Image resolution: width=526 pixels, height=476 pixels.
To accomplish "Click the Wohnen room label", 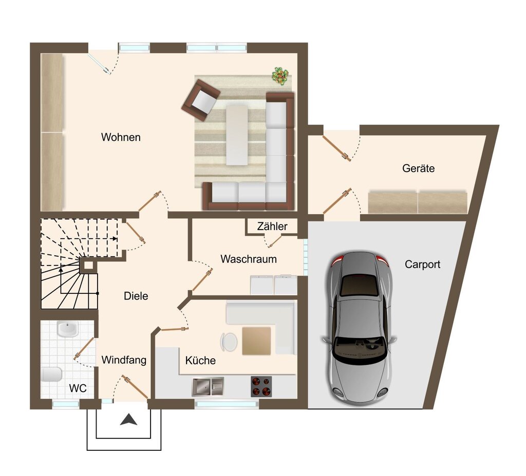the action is click(x=121, y=137).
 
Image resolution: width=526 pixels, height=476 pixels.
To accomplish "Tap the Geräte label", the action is click(x=418, y=168).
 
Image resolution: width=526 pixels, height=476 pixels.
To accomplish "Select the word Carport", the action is click(x=422, y=264).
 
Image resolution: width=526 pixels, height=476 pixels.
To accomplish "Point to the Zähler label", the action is click(x=272, y=226).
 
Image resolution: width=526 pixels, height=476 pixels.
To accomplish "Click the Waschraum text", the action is click(x=249, y=259).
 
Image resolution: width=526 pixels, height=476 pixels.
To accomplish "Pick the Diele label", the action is click(x=136, y=296).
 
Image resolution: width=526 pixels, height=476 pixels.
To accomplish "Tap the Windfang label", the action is click(x=124, y=360).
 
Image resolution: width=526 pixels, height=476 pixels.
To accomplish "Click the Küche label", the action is click(x=200, y=360).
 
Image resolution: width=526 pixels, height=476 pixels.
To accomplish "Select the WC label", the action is click(x=78, y=389).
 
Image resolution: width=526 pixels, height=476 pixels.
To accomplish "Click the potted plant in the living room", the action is click(x=280, y=76).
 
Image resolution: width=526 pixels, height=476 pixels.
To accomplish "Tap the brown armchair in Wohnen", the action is click(x=201, y=100).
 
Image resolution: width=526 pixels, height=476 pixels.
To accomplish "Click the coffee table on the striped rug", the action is click(x=237, y=135).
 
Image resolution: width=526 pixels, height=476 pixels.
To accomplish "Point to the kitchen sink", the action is click(x=208, y=387).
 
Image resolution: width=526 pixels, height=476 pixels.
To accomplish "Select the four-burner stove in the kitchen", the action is click(x=261, y=386).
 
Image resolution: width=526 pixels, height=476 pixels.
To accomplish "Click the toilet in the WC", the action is click(x=52, y=374).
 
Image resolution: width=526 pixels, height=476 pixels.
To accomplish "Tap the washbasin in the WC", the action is click(x=67, y=329).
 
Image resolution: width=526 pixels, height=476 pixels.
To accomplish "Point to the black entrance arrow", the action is click(x=129, y=419).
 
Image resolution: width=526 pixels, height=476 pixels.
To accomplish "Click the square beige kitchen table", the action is click(x=256, y=341).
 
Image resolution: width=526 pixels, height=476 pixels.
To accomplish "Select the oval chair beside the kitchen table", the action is click(x=229, y=342).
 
